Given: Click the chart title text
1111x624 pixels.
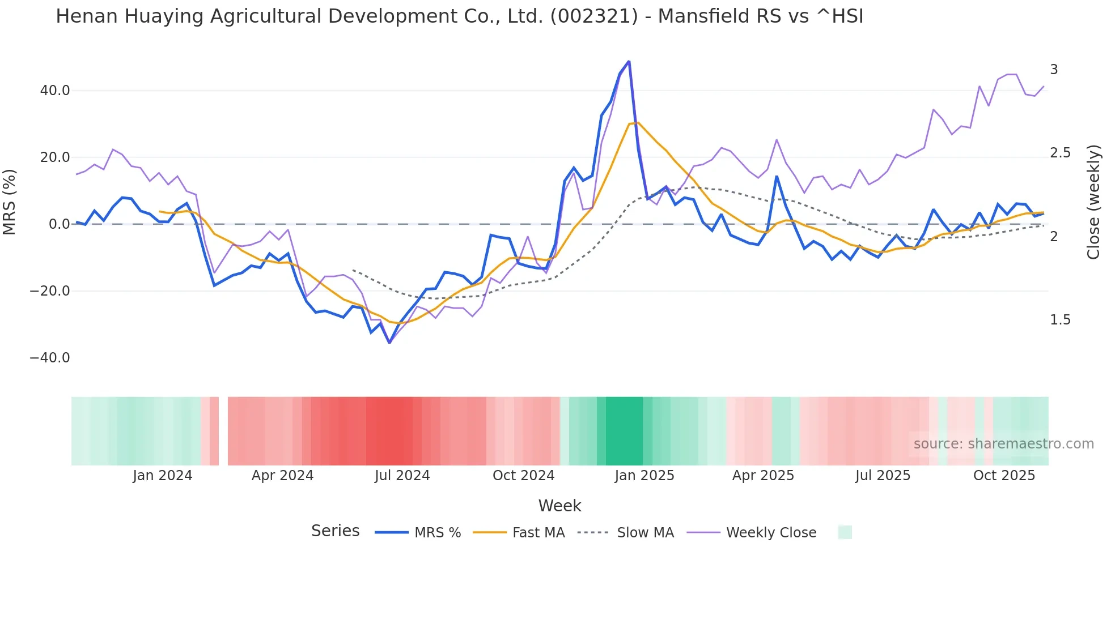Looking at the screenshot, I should point(459,16).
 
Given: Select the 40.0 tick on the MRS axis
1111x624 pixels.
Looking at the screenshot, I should point(55,91).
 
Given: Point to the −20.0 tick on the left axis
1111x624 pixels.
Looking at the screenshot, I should point(50,291).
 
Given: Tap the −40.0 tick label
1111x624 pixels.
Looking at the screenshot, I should point(50,358).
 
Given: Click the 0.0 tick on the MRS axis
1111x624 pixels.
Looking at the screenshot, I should point(59,224).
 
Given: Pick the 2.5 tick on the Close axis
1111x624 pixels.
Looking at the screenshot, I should point(1060,153).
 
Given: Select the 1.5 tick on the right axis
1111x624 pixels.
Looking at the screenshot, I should point(1060,320).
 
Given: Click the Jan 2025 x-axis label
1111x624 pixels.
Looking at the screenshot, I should point(644,476).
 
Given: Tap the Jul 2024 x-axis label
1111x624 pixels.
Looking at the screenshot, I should point(402,476).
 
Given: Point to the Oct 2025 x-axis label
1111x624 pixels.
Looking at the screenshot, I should point(1004,476).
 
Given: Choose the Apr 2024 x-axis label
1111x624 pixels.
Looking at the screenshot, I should point(282,476).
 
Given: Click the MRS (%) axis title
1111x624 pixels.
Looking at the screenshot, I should point(10,202).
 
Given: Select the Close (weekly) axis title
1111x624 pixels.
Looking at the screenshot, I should point(1093,202).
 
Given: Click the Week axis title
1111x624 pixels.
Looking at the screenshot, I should point(559,506).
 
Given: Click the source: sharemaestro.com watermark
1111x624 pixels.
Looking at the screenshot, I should point(1003,444).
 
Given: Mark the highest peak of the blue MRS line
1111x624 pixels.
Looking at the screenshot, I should point(629,62).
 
